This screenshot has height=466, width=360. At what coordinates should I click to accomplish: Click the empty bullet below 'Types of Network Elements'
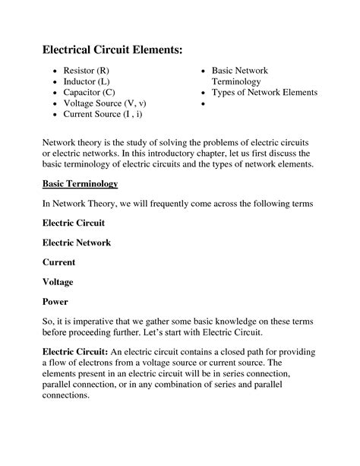coord(204,104)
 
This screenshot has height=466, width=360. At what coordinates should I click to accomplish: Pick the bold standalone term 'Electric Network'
coord(77,243)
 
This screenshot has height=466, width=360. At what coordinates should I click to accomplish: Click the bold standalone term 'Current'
coord(59,262)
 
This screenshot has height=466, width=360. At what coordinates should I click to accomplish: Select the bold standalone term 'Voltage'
coord(58,281)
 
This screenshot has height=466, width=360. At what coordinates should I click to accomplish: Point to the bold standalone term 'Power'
coord(55,301)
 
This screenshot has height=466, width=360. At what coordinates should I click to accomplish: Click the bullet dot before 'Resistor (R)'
coord(55,71)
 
